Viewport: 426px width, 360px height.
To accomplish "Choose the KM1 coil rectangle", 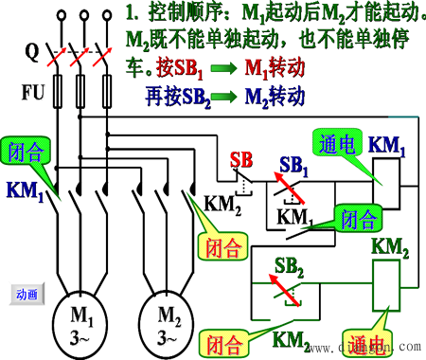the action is click(385, 180).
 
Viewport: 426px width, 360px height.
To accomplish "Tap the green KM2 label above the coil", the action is click(389, 246).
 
